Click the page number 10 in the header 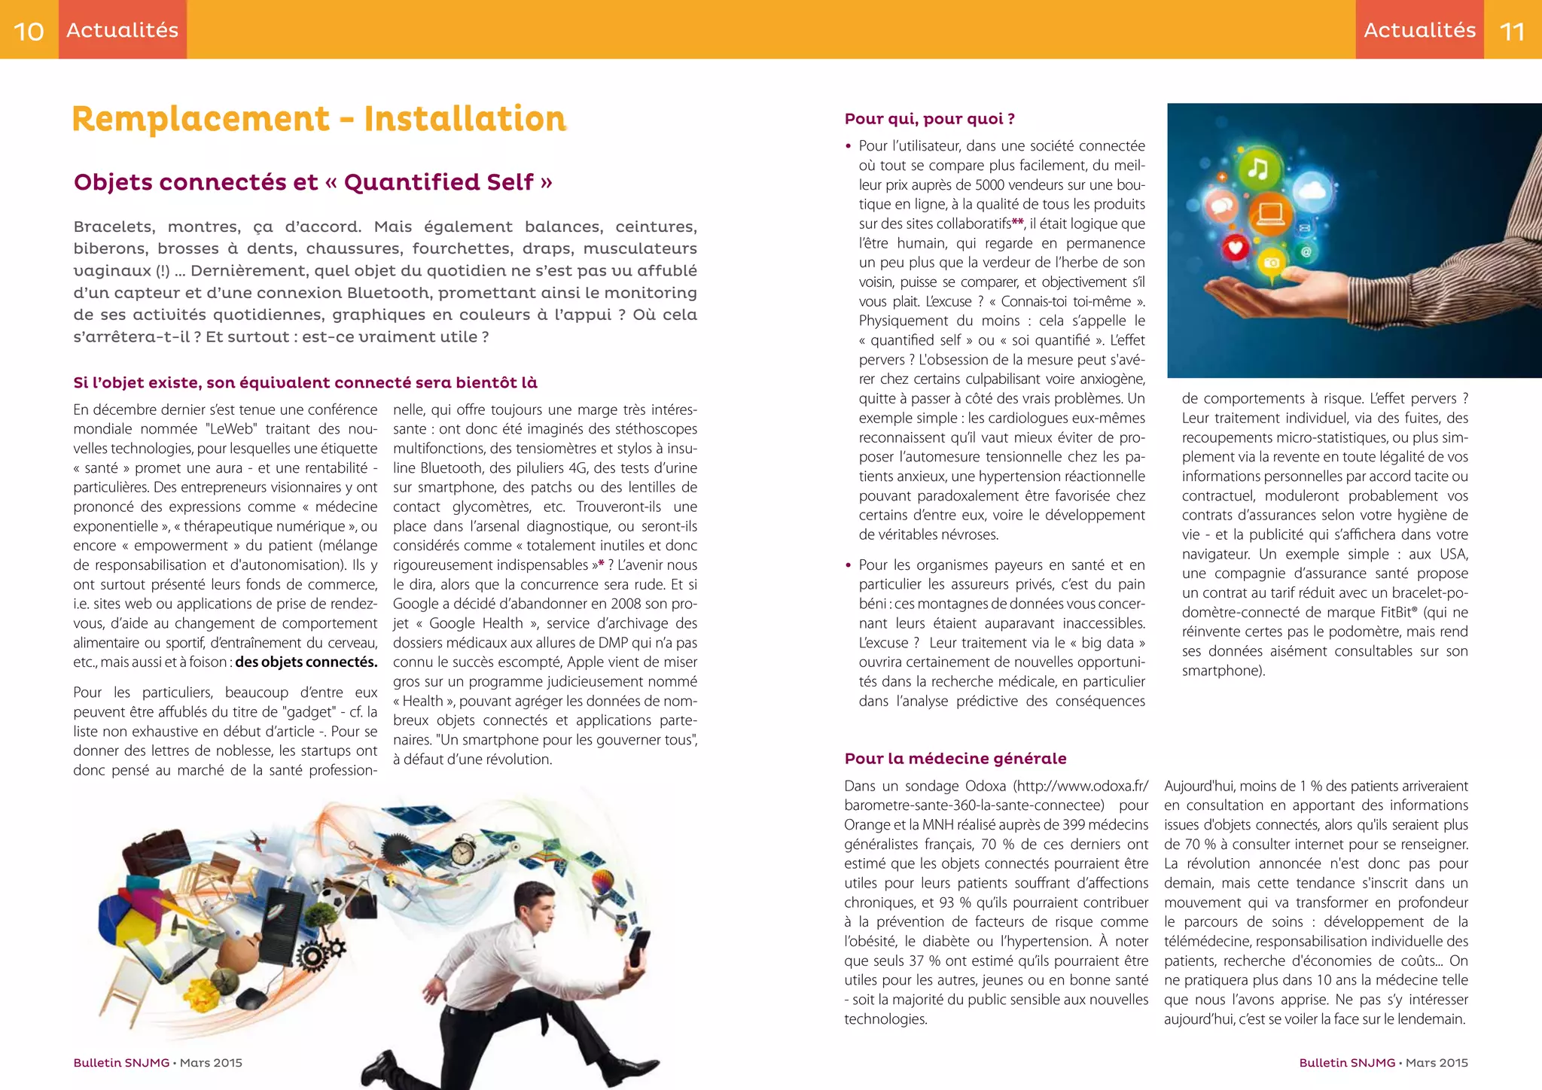click(x=29, y=31)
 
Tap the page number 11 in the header click(x=1512, y=31)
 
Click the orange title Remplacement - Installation click(x=318, y=119)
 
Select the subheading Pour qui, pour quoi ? click(x=929, y=119)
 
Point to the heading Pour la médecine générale click(x=955, y=758)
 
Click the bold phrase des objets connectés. click(x=306, y=662)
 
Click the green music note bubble click(x=1257, y=169)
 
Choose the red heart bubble click(x=1235, y=248)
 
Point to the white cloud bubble click(x=1314, y=190)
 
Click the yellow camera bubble click(x=1271, y=263)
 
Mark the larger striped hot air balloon click(x=603, y=881)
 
